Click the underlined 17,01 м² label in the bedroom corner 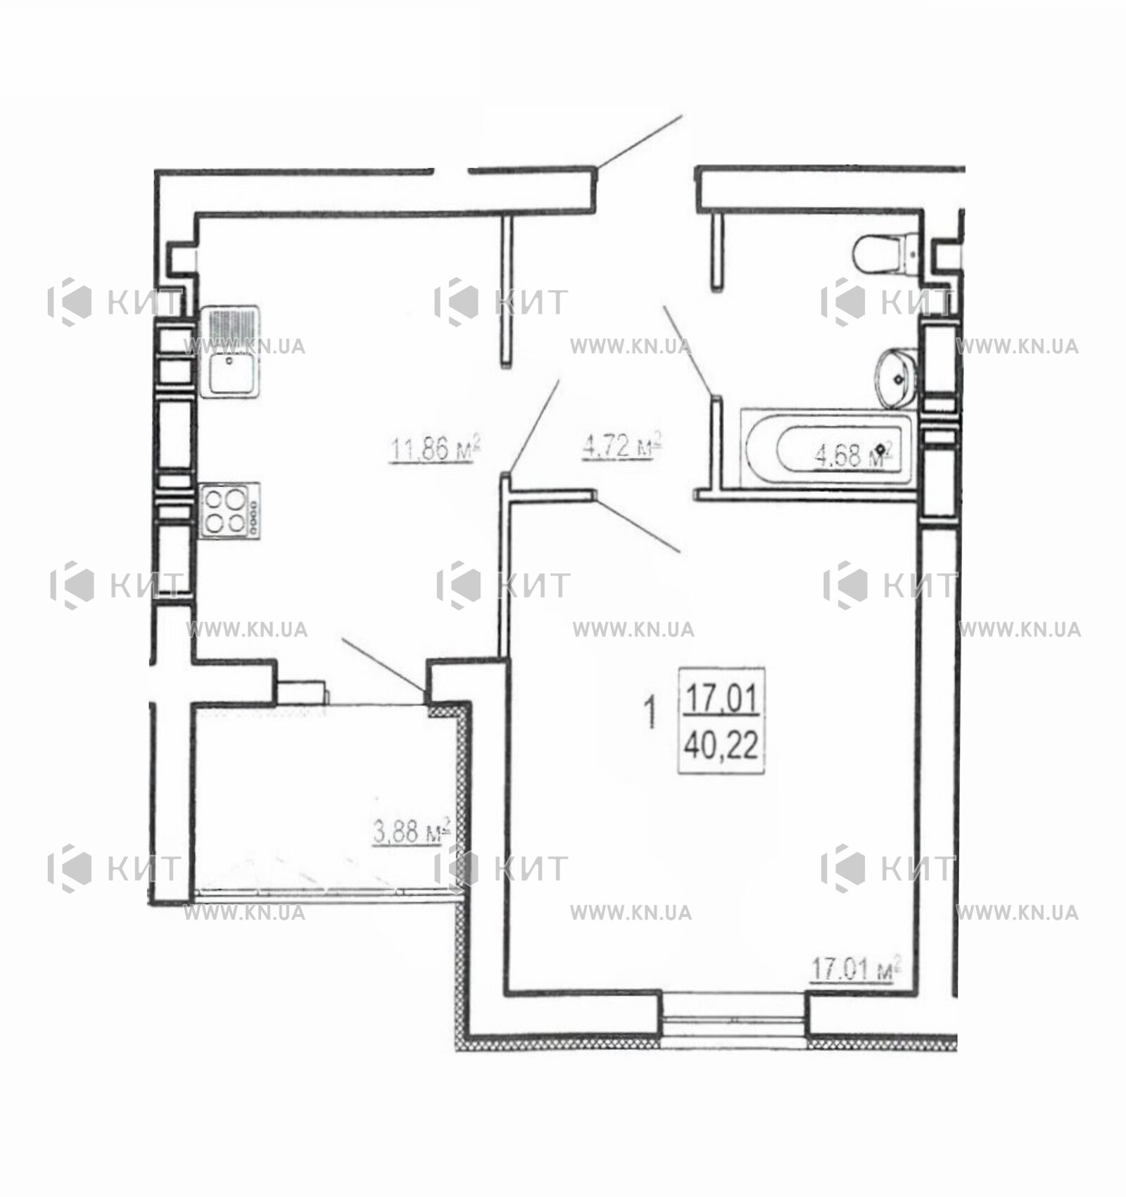click(855, 970)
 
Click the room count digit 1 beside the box click(650, 712)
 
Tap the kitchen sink click(230, 352)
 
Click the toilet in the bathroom click(886, 253)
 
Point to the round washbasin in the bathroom click(896, 378)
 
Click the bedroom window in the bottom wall click(734, 1015)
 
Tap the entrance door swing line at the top click(639, 141)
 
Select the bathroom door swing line click(689, 350)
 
